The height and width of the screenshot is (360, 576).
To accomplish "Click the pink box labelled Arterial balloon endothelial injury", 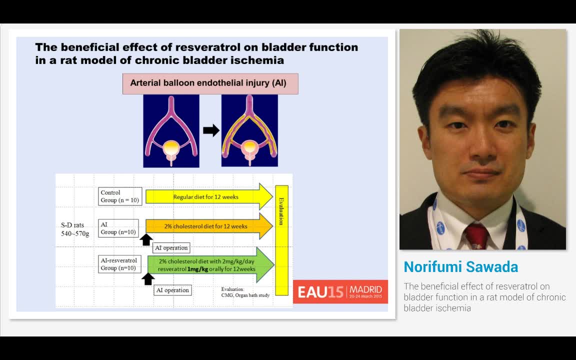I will click(x=210, y=83).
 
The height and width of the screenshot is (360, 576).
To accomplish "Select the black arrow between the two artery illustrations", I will click(x=211, y=130).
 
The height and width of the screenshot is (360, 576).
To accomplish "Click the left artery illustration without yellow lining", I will click(x=171, y=131).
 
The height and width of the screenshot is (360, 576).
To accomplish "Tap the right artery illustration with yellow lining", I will click(x=249, y=131).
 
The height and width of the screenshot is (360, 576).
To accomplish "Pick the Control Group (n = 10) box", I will click(x=120, y=196).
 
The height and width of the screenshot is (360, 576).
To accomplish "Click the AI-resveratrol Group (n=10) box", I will click(x=118, y=264).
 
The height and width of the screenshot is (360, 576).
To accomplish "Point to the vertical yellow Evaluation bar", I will click(x=281, y=240).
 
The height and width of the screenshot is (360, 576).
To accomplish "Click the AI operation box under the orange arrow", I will click(x=171, y=247).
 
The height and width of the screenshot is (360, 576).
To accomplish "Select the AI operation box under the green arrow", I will click(x=172, y=290).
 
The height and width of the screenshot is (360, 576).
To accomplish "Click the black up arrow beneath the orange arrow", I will click(x=146, y=240).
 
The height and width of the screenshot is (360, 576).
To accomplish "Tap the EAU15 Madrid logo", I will click(x=340, y=291).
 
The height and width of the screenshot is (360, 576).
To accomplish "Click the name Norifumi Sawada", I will click(x=460, y=267).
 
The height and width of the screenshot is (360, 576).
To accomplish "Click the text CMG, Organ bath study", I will click(x=245, y=295).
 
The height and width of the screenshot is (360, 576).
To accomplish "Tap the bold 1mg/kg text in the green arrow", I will click(x=197, y=269).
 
